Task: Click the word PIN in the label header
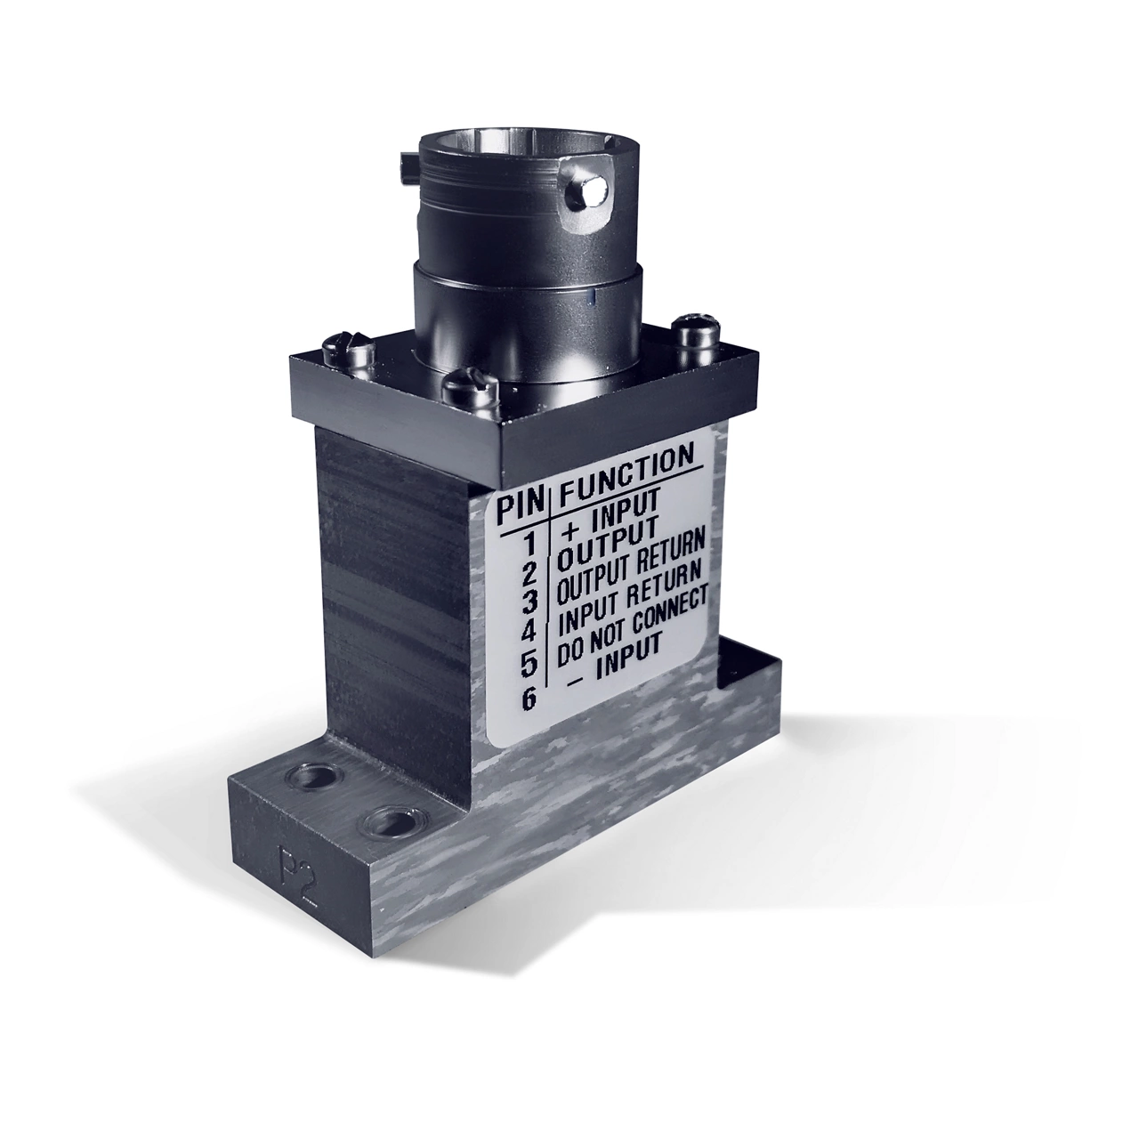click(x=521, y=509)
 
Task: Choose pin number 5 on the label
click(x=529, y=664)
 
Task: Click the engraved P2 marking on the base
click(x=285, y=861)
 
